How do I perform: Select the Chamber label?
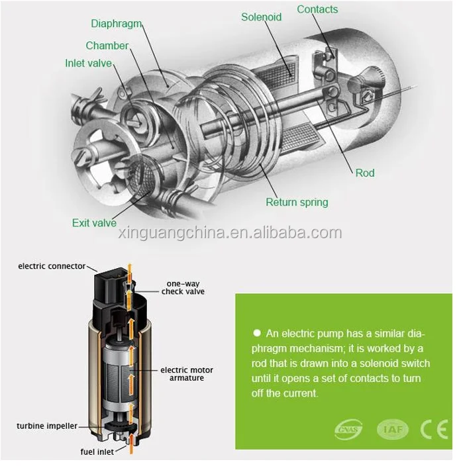click(x=107, y=46)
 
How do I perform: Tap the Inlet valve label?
click(x=88, y=64)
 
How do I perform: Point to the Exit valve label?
click(x=94, y=223)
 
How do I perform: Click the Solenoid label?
click(x=262, y=17)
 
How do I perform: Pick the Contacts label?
click(x=317, y=9)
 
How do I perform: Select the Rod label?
click(x=365, y=173)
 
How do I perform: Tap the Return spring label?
click(x=297, y=203)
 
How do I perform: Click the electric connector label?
click(x=52, y=266)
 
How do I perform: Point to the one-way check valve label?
click(x=183, y=287)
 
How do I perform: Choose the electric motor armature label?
click(x=187, y=373)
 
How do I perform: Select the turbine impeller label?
click(x=47, y=426)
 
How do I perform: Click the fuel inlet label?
click(x=96, y=452)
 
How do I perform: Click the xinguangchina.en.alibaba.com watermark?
click(x=229, y=233)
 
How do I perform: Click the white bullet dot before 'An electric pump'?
click(x=256, y=334)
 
